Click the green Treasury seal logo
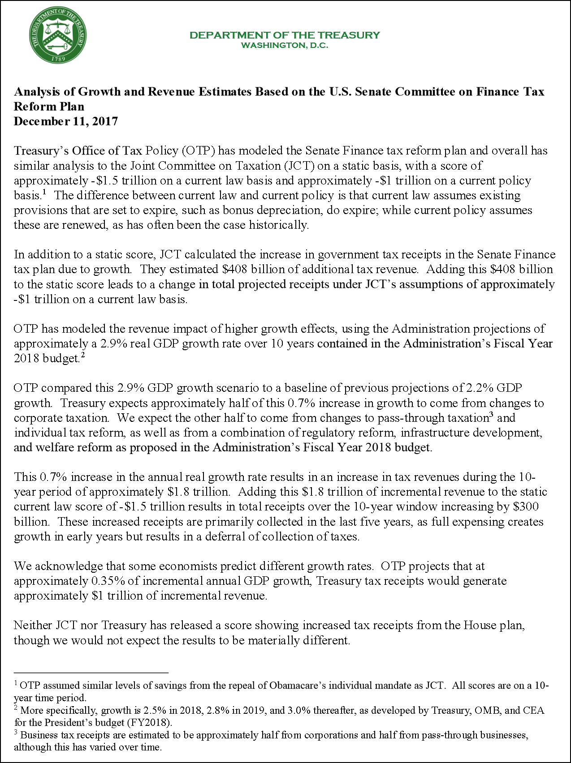click(x=58, y=36)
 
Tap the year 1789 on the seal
click(x=58, y=59)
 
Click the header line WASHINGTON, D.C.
click(x=285, y=45)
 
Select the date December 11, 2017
click(x=66, y=121)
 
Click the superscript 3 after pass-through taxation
click(x=491, y=415)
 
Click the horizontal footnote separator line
click(x=91, y=673)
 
